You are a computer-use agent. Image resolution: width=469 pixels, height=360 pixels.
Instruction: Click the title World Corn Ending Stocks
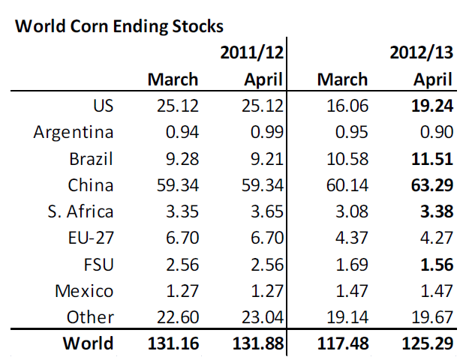point(119,26)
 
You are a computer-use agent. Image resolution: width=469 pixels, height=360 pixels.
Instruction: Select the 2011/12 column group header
point(251,52)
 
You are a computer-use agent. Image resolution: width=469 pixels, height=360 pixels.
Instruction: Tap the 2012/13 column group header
point(421,52)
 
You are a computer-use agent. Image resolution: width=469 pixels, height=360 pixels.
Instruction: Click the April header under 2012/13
point(433,79)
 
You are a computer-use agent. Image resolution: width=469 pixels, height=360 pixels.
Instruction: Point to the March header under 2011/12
point(173,79)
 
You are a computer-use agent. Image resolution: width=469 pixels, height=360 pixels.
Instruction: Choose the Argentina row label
point(74,133)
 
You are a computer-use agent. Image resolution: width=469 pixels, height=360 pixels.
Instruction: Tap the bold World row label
point(88,344)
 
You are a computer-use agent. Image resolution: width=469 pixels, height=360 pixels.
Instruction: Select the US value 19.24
point(432,106)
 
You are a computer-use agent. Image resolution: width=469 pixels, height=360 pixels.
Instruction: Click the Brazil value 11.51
point(432,159)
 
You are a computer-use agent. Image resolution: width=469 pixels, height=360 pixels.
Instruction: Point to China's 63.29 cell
point(432,185)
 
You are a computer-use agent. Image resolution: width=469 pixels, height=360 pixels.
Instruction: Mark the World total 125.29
point(426,344)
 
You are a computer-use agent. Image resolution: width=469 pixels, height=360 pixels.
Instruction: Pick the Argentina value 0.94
point(181,133)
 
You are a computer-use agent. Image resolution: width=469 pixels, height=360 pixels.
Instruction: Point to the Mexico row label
point(84,291)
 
